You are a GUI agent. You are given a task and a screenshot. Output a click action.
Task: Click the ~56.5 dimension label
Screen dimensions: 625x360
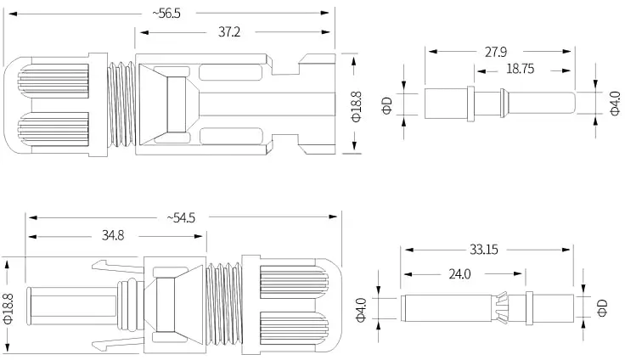pos(166,13)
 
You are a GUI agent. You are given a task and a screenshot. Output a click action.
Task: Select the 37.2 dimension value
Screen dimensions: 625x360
pos(229,32)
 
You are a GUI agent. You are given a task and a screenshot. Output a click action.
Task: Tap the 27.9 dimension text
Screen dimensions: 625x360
pos(495,52)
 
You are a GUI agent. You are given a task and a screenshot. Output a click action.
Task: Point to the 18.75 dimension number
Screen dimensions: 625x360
pos(520,69)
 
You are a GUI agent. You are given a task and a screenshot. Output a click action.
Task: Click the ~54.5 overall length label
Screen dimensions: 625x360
pos(182,218)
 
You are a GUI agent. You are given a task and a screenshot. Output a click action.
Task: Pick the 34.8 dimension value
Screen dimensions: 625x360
pos(113,235)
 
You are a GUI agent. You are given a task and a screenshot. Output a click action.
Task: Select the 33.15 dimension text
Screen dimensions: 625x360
pos(483,250)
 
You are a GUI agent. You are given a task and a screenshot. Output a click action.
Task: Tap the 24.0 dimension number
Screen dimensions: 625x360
pos(459,274)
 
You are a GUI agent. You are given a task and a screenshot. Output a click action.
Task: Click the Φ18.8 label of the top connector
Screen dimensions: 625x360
pos(356,106)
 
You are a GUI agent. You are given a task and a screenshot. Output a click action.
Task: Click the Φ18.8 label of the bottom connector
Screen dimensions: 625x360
pos(8,308)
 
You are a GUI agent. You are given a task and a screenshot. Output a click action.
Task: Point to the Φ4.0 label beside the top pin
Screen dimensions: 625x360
pos(615,104)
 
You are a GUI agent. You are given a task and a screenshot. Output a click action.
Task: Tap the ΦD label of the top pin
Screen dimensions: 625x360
pos(387,105)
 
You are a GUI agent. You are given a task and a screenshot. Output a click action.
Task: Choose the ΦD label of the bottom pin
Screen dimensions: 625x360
pos(602,308)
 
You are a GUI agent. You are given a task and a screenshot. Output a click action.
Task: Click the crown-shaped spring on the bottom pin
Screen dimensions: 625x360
pos(501,307)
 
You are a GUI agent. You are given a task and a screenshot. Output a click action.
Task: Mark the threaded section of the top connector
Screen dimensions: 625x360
pos(122,104)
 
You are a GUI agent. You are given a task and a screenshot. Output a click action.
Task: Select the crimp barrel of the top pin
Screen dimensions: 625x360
pos(446,104)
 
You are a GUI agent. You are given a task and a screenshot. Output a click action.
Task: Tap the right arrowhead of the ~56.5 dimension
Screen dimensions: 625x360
pos(325,13)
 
